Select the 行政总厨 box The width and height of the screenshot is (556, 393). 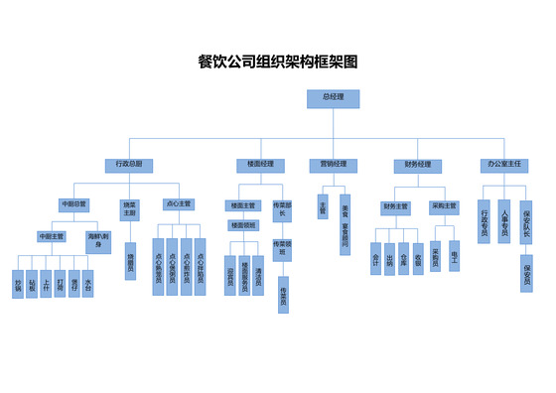pos(128,164)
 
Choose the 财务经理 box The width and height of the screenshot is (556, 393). pos(417,164)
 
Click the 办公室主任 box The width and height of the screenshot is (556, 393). pos(504,164)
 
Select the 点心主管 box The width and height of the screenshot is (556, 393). pos(180,204)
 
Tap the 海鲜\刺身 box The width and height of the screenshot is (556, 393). pos(99,240)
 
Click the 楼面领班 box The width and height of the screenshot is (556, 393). pos(244,225)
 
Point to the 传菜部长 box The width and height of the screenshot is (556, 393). pos(282,209)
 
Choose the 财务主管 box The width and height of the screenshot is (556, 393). pos(395,206)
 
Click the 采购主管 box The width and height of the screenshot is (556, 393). pos(444,206)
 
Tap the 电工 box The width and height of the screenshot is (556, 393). pos(454,255)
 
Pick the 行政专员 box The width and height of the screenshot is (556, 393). pos(485,219)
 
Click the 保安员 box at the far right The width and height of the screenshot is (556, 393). pos(526,272)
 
